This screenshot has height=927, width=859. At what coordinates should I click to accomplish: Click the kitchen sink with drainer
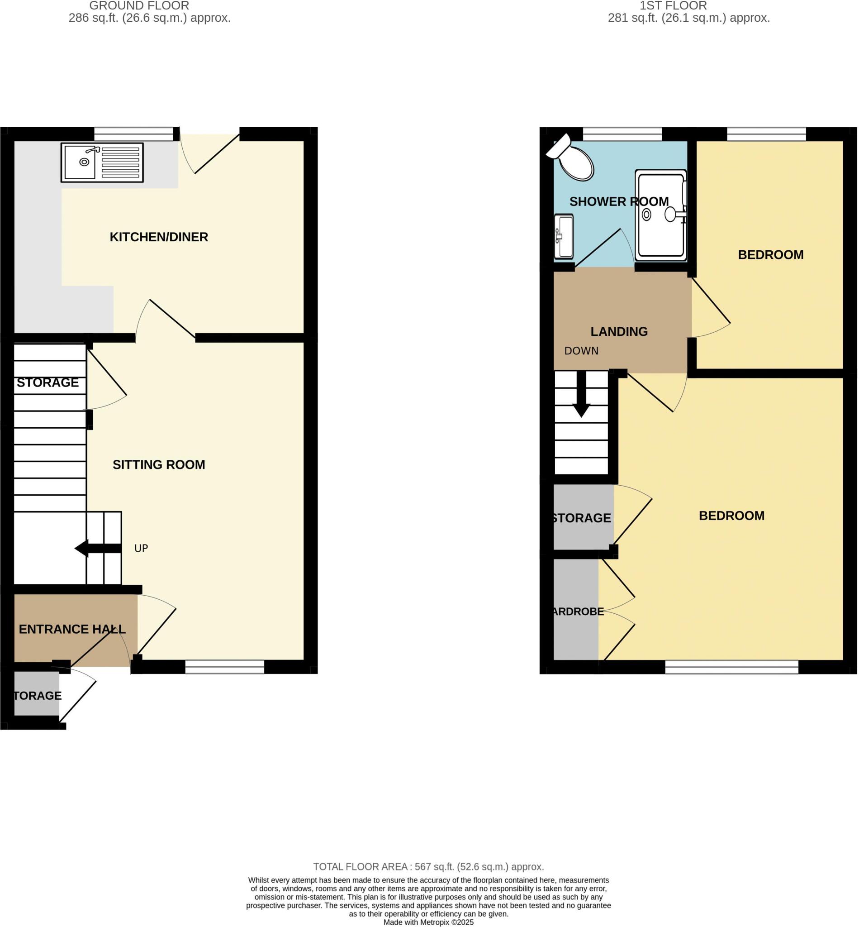tap(102, 162)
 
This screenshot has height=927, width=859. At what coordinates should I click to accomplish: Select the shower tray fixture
tap(660, 215)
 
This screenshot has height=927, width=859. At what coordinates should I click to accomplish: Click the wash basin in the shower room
tap(564, 236)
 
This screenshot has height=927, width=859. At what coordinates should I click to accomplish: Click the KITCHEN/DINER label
tap(158, 237)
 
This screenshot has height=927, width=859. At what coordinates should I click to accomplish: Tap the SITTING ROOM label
tap(158, 465)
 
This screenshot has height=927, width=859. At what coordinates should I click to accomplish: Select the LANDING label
tap(619, 332)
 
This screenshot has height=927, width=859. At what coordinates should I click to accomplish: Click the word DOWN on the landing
tap(581, 351)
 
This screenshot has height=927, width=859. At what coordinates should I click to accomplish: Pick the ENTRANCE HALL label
tap(72, 629)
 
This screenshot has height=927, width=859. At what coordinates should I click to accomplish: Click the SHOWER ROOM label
tap(619, 202)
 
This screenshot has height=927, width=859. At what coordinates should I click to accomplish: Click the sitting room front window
tap(224, 667)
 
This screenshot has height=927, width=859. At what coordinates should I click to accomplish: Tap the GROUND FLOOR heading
tap(139, 6)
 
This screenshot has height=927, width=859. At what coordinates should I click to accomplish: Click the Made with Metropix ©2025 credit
tap(428, 922)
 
